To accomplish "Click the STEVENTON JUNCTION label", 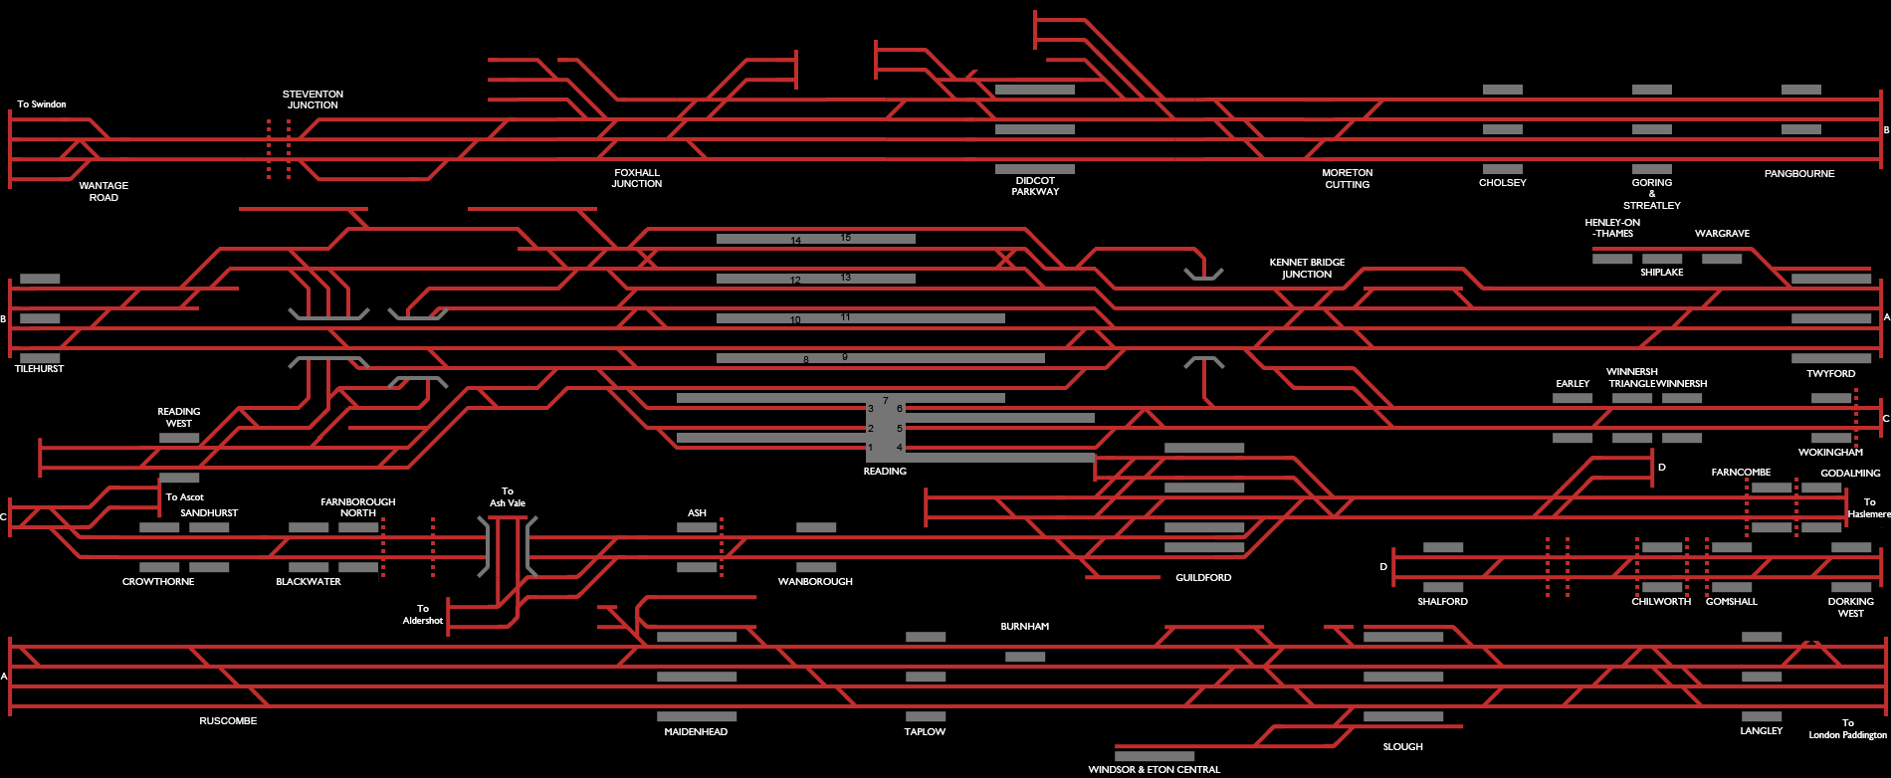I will point(313,99).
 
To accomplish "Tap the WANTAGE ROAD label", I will point(104,191).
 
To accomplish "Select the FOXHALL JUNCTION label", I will point(637,178).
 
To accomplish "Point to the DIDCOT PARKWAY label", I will point(1035,186).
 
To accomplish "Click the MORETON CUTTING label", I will point(1347,178).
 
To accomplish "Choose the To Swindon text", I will point(42,104).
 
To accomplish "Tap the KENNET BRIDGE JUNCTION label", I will point(1307,268).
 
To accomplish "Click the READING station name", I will point(885,472).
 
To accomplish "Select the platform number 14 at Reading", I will point(795,241).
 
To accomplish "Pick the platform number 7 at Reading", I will point(885,401).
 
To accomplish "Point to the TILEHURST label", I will point(39,369).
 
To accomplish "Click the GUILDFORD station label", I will point(1203,578).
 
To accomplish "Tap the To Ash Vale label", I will point(508,497).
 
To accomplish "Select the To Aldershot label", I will point(423,615).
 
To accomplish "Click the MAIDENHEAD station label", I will point(696,732).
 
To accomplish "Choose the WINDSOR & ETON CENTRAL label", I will point(1154,770).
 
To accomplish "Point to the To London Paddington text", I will point(1847,729).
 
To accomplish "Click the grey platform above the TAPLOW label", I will point(926,716).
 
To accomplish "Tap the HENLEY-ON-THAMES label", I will point(1612,228).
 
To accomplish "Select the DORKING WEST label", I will point(1850,607).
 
